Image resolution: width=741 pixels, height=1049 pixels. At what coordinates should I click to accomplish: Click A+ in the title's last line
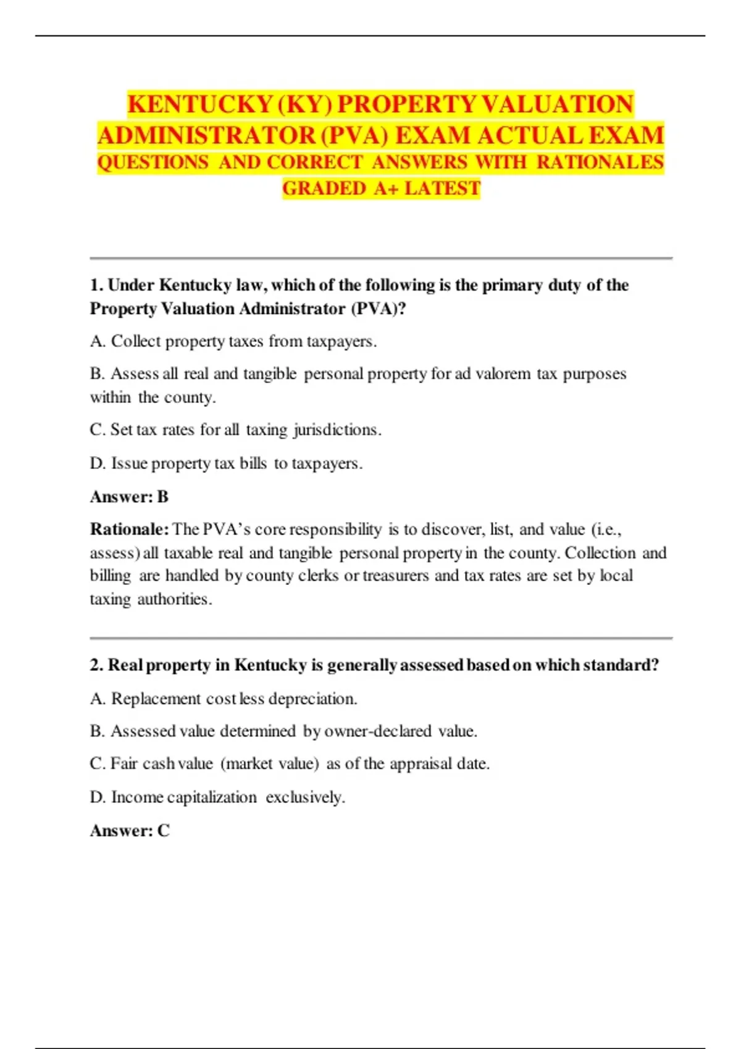tap(387, 188)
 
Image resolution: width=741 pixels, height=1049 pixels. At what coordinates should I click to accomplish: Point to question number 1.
tap(96, 285)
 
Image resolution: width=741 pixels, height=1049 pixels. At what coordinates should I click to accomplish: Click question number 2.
tap(96, 665)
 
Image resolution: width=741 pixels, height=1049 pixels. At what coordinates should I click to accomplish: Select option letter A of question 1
tap(98, 341)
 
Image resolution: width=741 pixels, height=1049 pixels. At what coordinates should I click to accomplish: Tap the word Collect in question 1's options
tap(135, 341)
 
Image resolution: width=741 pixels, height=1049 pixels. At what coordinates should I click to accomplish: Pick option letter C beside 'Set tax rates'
tap(98, 429)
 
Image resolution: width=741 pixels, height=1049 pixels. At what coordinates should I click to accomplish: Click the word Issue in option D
tap(129, 463)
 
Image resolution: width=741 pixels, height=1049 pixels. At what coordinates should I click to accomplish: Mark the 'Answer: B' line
tap(129, 497)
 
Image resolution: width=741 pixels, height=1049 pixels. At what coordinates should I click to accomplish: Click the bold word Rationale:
tap(129, 529)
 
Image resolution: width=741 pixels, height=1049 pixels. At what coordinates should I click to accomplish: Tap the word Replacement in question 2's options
tap(156, 699)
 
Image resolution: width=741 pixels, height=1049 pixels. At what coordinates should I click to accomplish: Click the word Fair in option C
tap(124, 764)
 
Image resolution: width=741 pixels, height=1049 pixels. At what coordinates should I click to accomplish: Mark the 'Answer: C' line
tap(130, 831)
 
